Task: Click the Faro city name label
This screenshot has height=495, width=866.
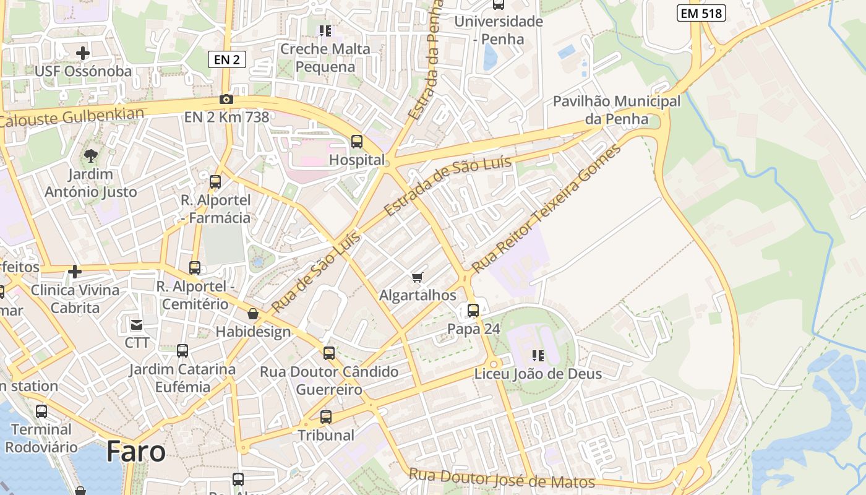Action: (135, 452)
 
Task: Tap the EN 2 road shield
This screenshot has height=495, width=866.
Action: (227, 59)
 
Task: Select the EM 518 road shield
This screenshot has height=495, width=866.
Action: (701, 13)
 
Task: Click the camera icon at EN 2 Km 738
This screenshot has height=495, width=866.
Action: (226, 99)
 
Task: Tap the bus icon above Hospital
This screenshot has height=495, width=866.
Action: (357, 141)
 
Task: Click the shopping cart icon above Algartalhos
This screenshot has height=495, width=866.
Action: (418, 277)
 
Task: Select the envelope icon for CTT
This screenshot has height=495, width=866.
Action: (136, 324)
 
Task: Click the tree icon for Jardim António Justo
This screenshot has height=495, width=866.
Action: (91, 155)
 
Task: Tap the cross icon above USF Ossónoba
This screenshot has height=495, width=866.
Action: (83, 53)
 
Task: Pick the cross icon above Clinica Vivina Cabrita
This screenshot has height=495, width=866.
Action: (75, 272)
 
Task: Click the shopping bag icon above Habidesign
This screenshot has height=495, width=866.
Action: (252, 314)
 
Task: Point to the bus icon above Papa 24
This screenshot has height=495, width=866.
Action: (473, 311)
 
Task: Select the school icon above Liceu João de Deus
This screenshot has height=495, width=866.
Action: (538, 356)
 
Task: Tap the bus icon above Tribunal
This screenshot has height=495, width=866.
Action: (326, 417)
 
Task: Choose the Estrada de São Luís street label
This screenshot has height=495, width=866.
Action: (448, 186)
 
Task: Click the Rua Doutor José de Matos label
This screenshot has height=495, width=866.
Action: (502, 478)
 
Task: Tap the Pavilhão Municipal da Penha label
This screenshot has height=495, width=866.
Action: (616, 110)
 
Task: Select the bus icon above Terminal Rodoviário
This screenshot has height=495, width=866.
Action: (41, 411)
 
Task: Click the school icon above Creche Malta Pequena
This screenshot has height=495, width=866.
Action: (325, 30)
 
